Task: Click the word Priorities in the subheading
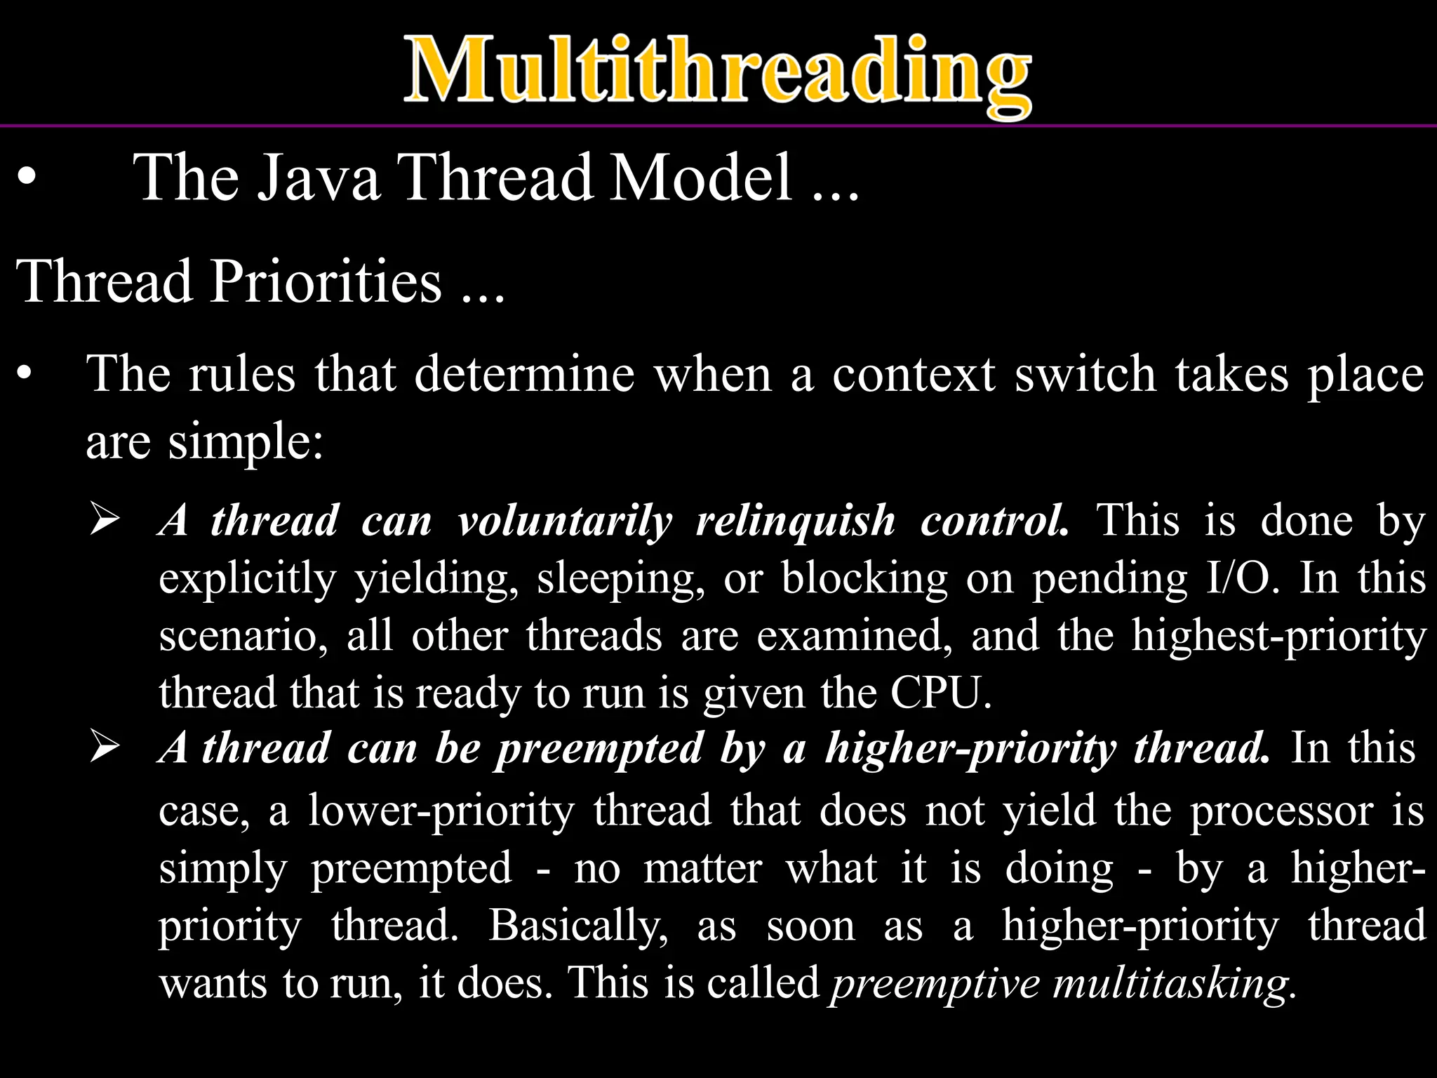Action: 326,281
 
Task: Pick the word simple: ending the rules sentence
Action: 246,443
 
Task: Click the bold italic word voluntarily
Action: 565,521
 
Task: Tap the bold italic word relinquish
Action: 796,521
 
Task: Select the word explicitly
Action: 247,580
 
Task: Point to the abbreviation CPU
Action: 940,693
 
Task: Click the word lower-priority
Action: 441,811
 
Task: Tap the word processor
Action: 1281,811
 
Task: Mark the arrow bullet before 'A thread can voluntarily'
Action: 105,521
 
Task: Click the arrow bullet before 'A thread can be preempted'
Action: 105,748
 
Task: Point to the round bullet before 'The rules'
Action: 25,374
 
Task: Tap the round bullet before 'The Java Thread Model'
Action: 26,178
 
